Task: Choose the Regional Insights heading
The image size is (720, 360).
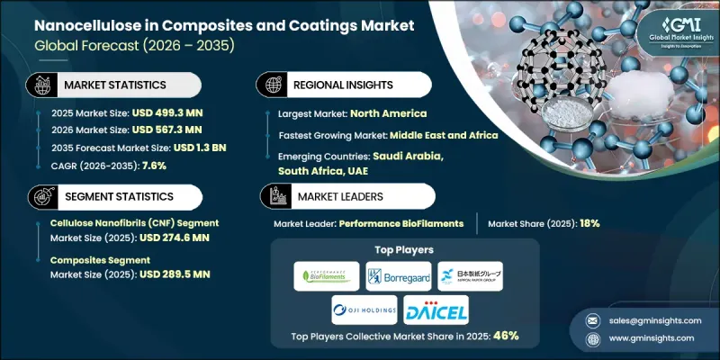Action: point(346,85)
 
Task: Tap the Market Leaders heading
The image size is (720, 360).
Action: point(338,195)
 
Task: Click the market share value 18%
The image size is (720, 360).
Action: point(589,223)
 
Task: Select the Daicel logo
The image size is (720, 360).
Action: point(436,310)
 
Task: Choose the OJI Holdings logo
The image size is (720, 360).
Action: point(363,310)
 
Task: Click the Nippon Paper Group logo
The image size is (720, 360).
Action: point(471,275)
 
